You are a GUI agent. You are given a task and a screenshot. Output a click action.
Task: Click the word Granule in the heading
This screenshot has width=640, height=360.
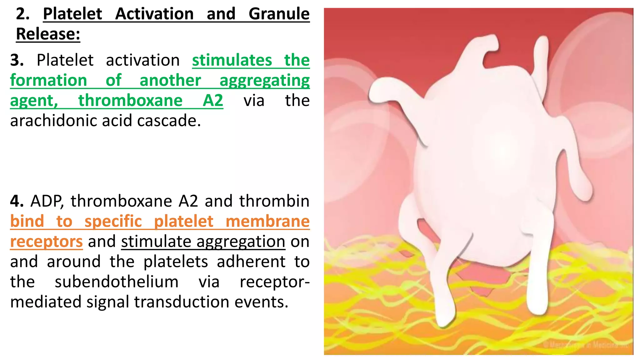(279, 14)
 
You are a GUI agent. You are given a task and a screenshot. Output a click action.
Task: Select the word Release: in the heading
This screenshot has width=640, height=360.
(48, 34)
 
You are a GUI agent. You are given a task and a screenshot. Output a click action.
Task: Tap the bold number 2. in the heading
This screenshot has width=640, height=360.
(22, 14)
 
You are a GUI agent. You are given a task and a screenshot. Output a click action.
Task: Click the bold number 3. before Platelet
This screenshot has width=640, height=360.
(17, 60)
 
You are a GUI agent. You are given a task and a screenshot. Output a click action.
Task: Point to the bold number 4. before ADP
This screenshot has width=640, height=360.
(17, 201)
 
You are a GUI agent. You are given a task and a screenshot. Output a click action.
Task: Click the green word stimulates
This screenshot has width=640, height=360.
(232, 60)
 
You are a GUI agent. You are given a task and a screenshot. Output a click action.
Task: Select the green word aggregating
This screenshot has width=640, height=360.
(264, 81)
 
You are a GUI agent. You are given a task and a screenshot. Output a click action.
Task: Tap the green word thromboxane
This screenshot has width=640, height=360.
(130, 101)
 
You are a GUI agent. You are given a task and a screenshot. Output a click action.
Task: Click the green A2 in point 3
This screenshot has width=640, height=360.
(213, 101)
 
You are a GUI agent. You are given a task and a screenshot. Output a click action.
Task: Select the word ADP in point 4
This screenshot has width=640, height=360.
(47, 201)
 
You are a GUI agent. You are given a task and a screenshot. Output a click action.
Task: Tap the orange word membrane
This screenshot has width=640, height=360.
(267, 221)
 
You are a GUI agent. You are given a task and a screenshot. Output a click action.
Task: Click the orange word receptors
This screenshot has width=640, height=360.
(46, 242)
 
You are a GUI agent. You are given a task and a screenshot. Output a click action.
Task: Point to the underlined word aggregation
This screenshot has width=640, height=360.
(241, 242)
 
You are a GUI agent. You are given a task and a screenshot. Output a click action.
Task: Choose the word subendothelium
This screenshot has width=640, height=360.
(117, 282)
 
